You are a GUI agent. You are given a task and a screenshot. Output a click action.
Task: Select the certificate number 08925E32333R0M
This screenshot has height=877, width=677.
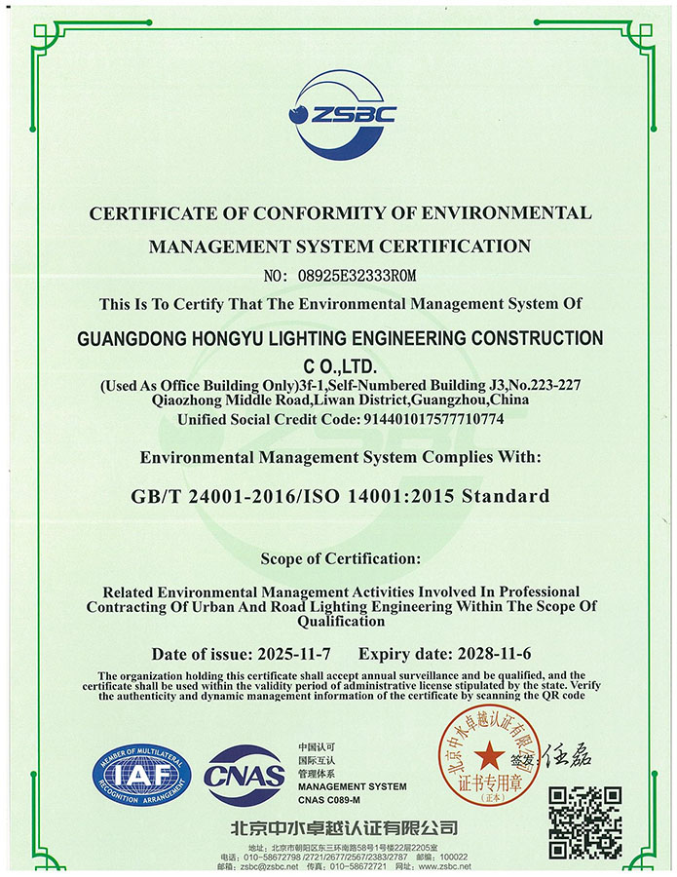tap(366, 276)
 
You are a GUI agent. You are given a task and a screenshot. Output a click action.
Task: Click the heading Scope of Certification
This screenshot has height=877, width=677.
tap(340, 558)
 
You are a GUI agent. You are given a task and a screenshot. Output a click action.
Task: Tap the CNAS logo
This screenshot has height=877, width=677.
tap(244, 777)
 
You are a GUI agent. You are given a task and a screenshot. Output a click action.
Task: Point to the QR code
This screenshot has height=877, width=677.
tap(585, 821)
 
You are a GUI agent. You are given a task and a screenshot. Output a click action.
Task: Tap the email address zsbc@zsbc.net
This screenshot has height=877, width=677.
tap(258, 866)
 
